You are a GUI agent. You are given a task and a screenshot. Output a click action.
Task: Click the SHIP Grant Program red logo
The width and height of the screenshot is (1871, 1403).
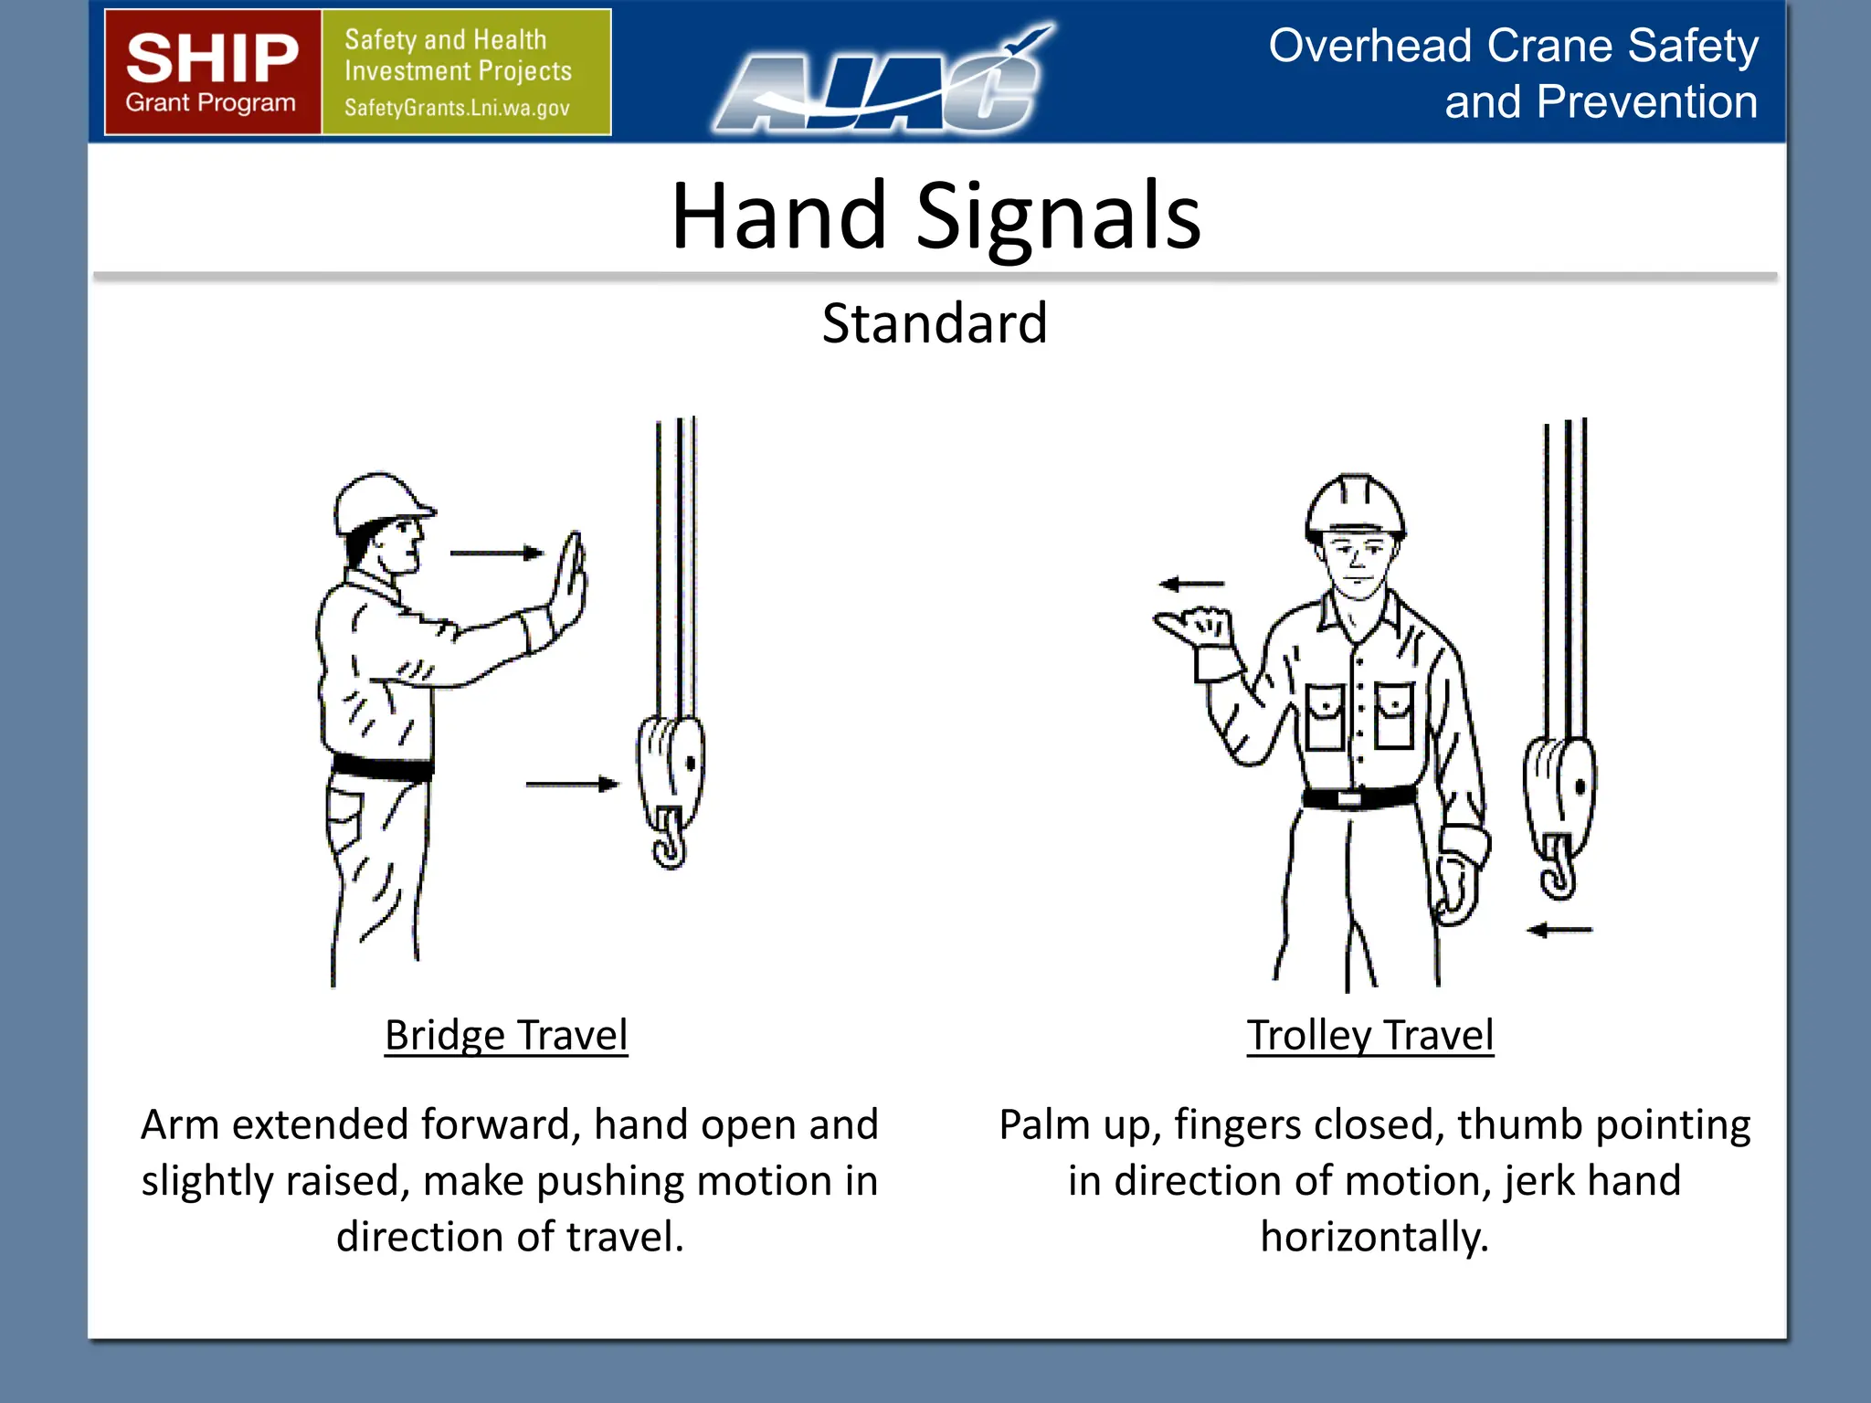click(x=213, y=72)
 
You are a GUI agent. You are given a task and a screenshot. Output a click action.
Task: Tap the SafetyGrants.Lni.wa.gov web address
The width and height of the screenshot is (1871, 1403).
click(x=457, y=108)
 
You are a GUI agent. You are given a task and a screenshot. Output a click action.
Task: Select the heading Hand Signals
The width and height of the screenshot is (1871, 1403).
click(x=935, y=216)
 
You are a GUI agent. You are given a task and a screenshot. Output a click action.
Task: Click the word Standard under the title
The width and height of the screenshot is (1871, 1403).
click(x=935, y=323)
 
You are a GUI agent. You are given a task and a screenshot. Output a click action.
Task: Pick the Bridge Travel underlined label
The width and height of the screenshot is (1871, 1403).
click(x=506, y=1036)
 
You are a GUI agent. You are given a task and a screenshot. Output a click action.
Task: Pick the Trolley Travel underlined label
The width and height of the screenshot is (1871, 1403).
click(x=1370, y=1036)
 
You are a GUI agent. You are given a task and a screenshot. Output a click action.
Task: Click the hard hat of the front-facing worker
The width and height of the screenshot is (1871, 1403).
click(x=1355, y=504)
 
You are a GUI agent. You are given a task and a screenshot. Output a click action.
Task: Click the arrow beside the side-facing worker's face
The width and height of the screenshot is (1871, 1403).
click(x=496, y=553)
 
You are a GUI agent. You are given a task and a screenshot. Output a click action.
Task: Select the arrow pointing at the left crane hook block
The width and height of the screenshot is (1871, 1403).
click(x=572, y=784)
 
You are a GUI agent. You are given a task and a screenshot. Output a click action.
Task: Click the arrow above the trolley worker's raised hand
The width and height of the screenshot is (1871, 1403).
click(x=1191, y=584)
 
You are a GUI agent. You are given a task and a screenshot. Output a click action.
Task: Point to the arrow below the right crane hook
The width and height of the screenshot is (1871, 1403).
click(x=1559, y=930)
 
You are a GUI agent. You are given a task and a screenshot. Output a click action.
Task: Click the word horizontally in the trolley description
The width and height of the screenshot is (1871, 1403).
click(x=1374, y=1237)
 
